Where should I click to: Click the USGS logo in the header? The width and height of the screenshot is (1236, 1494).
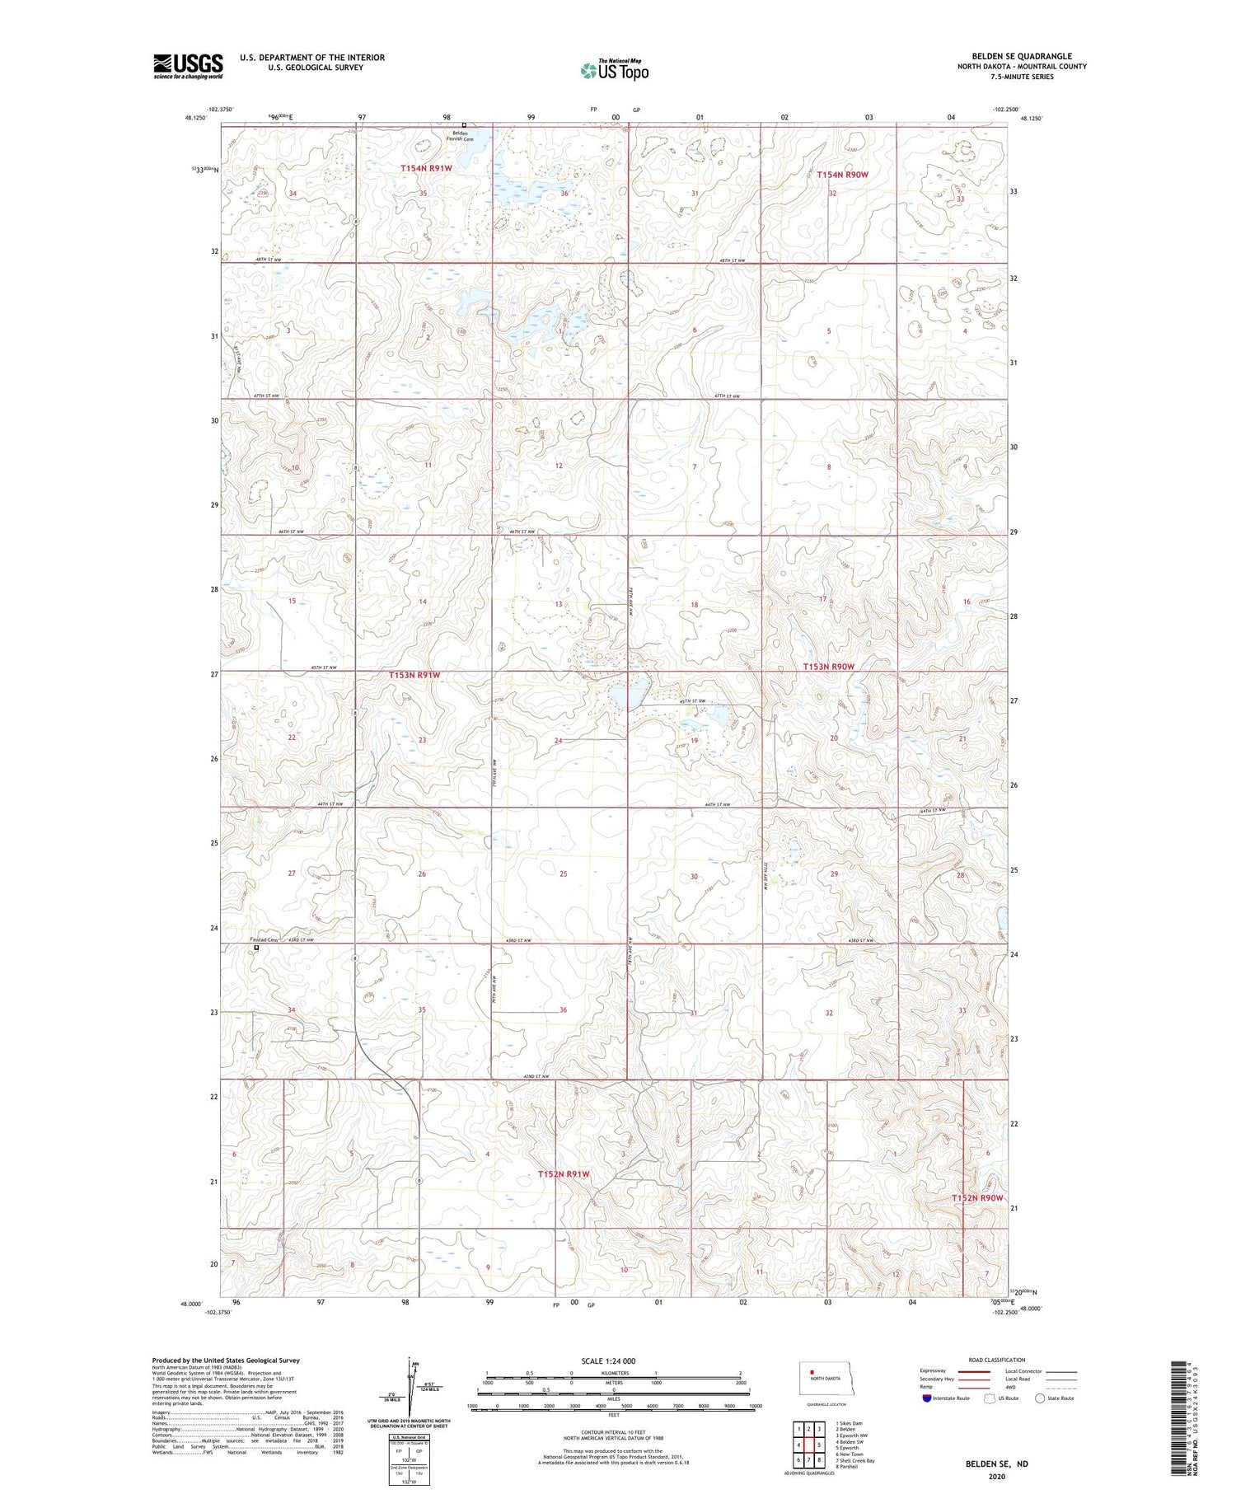[x=188, y=66]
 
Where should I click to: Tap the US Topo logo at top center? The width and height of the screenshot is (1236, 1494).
[x=614, y=71]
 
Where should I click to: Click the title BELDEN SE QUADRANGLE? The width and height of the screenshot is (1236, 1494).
[x=1021, y=56]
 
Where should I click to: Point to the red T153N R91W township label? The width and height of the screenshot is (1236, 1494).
[x=414, y=675]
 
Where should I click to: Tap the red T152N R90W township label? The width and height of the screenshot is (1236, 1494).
[x=977, y=1197]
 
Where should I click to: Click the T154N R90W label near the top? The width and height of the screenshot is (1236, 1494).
[x=842, y=175]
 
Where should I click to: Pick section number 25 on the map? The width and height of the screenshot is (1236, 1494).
[x=564, y=873]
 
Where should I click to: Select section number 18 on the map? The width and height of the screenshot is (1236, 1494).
[x=694, y=605]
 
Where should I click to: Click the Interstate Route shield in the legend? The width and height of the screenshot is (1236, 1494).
[x=927, y=1398]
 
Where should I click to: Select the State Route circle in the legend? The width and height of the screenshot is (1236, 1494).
[x=1040, y=1398]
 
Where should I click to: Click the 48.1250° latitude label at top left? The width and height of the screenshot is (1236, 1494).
[x=196, y=119]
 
